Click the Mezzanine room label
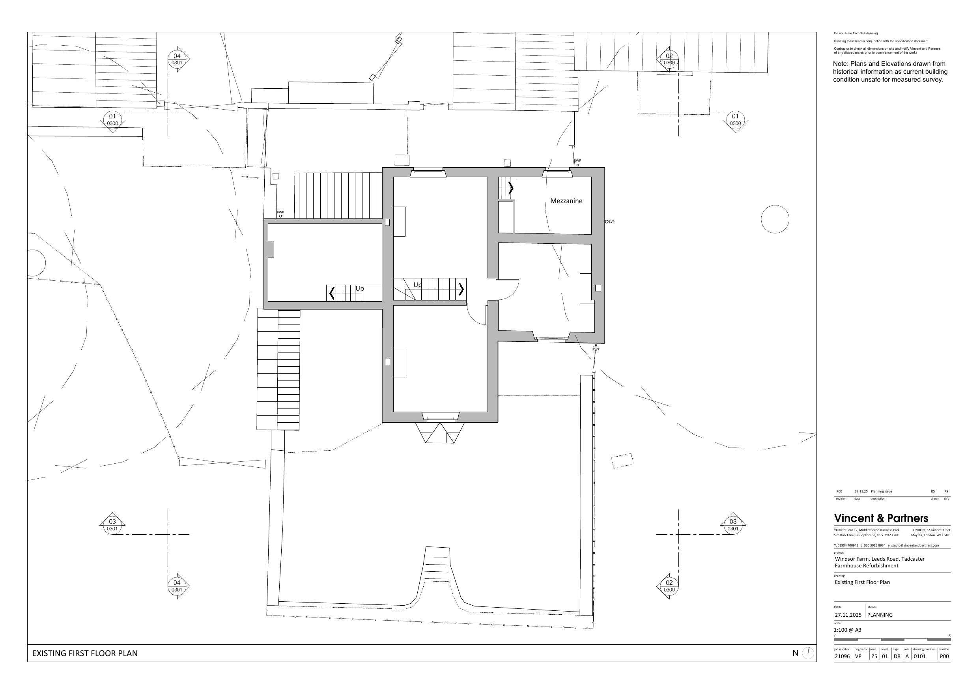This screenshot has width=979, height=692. click(566, 201)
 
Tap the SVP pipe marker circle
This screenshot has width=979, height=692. click(607, 222)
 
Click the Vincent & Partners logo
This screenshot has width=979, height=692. click(881, 518)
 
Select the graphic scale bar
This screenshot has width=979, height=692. click(892, 640)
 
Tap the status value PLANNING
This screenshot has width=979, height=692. click(880, 615)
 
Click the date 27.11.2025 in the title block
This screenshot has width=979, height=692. click(848, 615)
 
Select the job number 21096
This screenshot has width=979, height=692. click(842, 656)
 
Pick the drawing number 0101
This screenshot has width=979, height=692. click(920, 656)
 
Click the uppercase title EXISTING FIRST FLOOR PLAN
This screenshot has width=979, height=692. click(85, 653)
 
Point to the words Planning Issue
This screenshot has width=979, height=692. click(881, 491)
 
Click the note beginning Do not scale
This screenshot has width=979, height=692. click(856, 33)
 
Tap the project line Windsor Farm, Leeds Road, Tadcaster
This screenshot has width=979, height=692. click(880, 559)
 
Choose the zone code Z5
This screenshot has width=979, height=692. click(874, 656)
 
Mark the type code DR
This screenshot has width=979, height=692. click(897, 656)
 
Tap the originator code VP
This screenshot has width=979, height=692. click(858, 656)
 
